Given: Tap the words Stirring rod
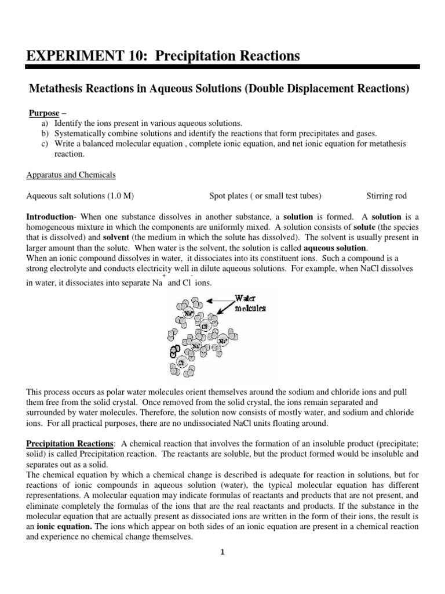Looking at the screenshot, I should coord(389,195).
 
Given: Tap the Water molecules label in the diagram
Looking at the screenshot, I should coord(250,303).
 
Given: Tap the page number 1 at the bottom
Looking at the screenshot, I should coord(222,552).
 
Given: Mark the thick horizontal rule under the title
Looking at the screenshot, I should coord(222,68).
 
